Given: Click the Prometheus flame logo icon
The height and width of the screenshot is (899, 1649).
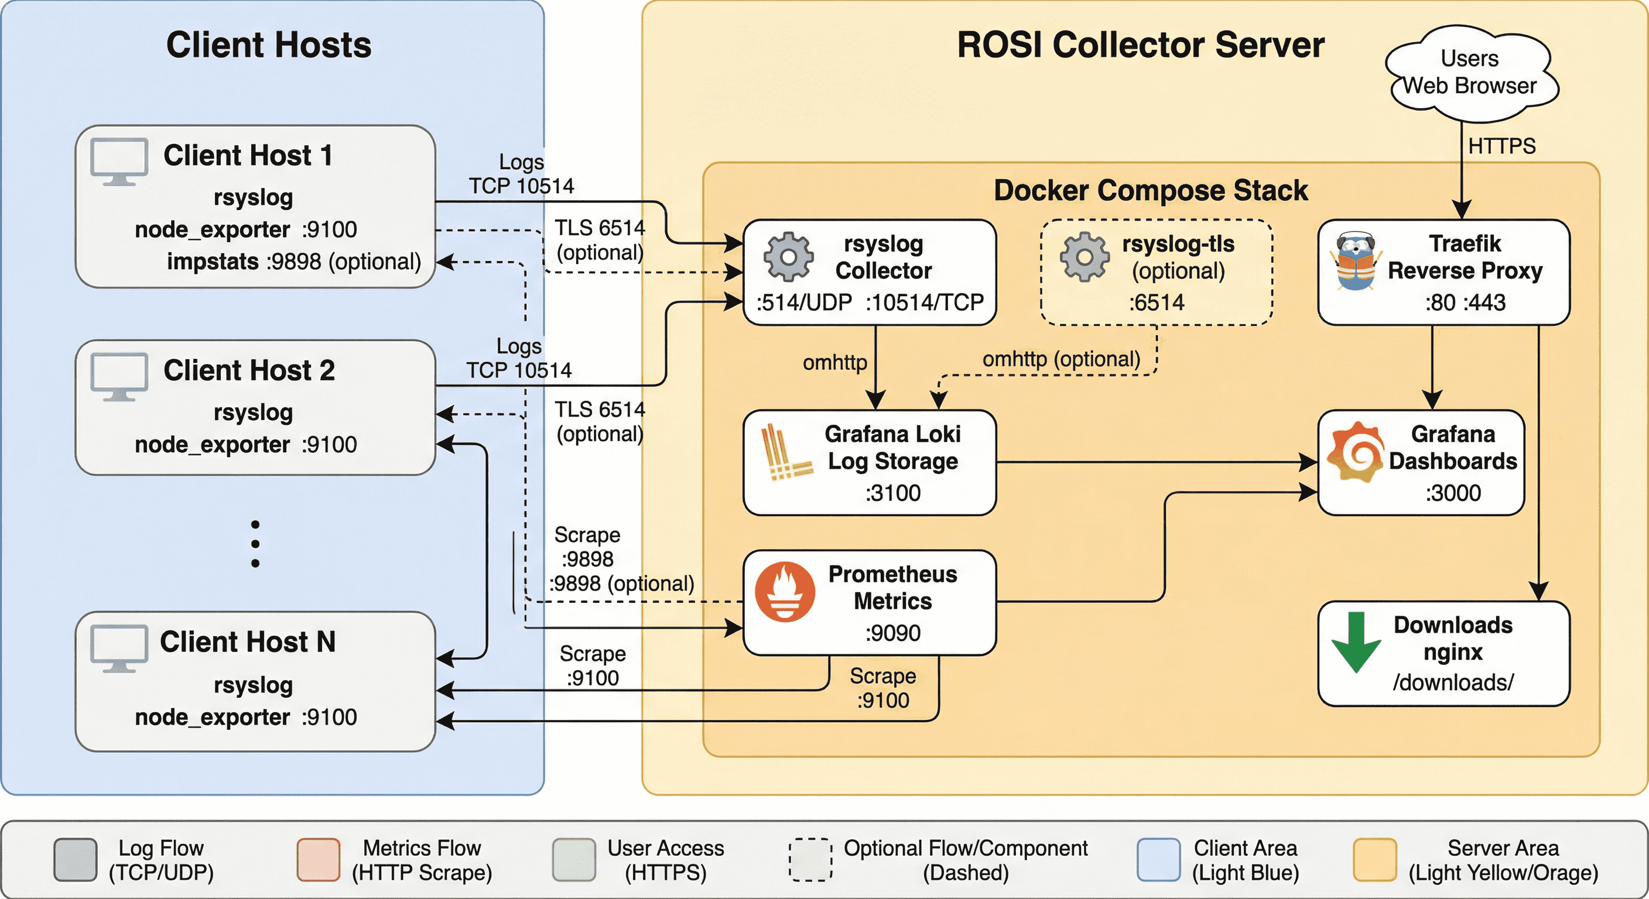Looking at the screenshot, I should click(x=785, y=592).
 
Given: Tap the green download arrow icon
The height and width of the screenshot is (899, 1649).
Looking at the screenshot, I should click(x=1356, y=642).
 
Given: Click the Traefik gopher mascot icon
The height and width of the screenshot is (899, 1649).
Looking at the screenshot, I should click(x=1355, y=262).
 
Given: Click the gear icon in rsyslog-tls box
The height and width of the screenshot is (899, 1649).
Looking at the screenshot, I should click(x=1084, y=257).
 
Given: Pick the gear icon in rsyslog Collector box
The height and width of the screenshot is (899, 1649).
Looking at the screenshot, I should click(x=789, y=257).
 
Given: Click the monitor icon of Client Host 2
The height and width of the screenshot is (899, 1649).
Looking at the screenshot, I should click(x=119, y=376).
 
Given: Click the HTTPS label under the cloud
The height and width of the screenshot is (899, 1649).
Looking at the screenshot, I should click(x=1502, y=146).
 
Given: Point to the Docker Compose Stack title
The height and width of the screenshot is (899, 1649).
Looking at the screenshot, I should click(x=1150, y=191).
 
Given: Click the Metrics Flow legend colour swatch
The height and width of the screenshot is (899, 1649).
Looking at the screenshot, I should click(x=318, y=859).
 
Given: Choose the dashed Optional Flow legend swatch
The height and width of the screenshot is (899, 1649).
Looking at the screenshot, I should click(x=810, y=859).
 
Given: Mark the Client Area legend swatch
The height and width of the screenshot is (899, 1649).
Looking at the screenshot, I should click(x=1159, y=859).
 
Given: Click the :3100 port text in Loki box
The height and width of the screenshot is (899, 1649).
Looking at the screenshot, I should click(x=893, y=493).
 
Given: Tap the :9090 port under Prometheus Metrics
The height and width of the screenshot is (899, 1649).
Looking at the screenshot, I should click(x=893, y=633).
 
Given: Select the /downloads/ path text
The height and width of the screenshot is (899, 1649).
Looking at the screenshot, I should click(x=1453, y=682).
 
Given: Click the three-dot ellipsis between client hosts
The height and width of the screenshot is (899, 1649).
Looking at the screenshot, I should click(x=255, y=544).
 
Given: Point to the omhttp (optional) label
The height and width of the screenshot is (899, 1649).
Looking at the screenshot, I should click(x=1061, y=359).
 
